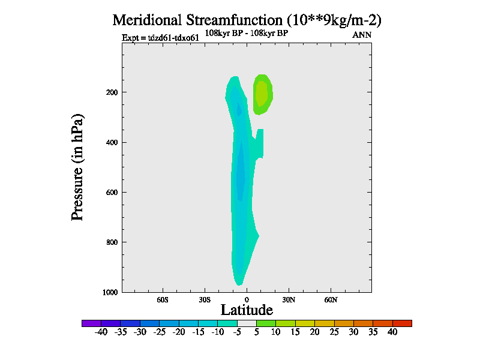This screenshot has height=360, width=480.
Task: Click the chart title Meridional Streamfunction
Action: click(x=247, y=20)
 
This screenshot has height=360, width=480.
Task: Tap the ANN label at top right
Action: click(x=362, y=35)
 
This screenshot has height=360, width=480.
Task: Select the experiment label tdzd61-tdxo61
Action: click(x=160, y=38)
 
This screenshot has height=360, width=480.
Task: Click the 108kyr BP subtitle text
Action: click(x=247, y=33)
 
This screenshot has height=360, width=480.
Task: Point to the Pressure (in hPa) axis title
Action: click(x=77, y=166)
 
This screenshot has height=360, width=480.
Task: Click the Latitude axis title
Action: click(x=247, y=310)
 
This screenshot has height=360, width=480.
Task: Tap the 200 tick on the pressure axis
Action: click(x=110, y=92)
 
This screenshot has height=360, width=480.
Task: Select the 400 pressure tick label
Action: click(x=110, y=142)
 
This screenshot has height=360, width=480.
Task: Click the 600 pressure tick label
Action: click(x=110, y=192)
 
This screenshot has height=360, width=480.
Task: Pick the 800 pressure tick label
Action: click(x=110, y=242)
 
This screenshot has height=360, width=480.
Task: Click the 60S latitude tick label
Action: click(x=163, y=299)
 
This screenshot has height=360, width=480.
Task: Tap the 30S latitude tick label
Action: click(x=205, y=299)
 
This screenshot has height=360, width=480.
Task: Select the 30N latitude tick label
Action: click(x=289, y=299)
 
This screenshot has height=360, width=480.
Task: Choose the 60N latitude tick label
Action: click(x=331, y=299)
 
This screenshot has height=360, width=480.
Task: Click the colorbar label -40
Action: click(x=101, y=332)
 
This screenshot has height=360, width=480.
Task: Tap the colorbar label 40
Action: click(x=392, y=332)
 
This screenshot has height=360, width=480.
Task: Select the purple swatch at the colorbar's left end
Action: click(x=91, y=323)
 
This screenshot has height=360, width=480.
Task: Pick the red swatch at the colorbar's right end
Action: click(x=402, y=323)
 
